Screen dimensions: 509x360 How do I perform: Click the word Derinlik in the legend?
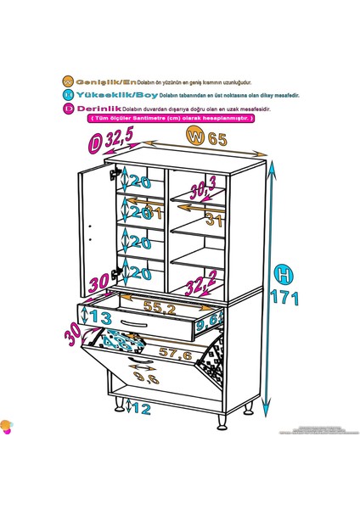(x=98, y=108)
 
